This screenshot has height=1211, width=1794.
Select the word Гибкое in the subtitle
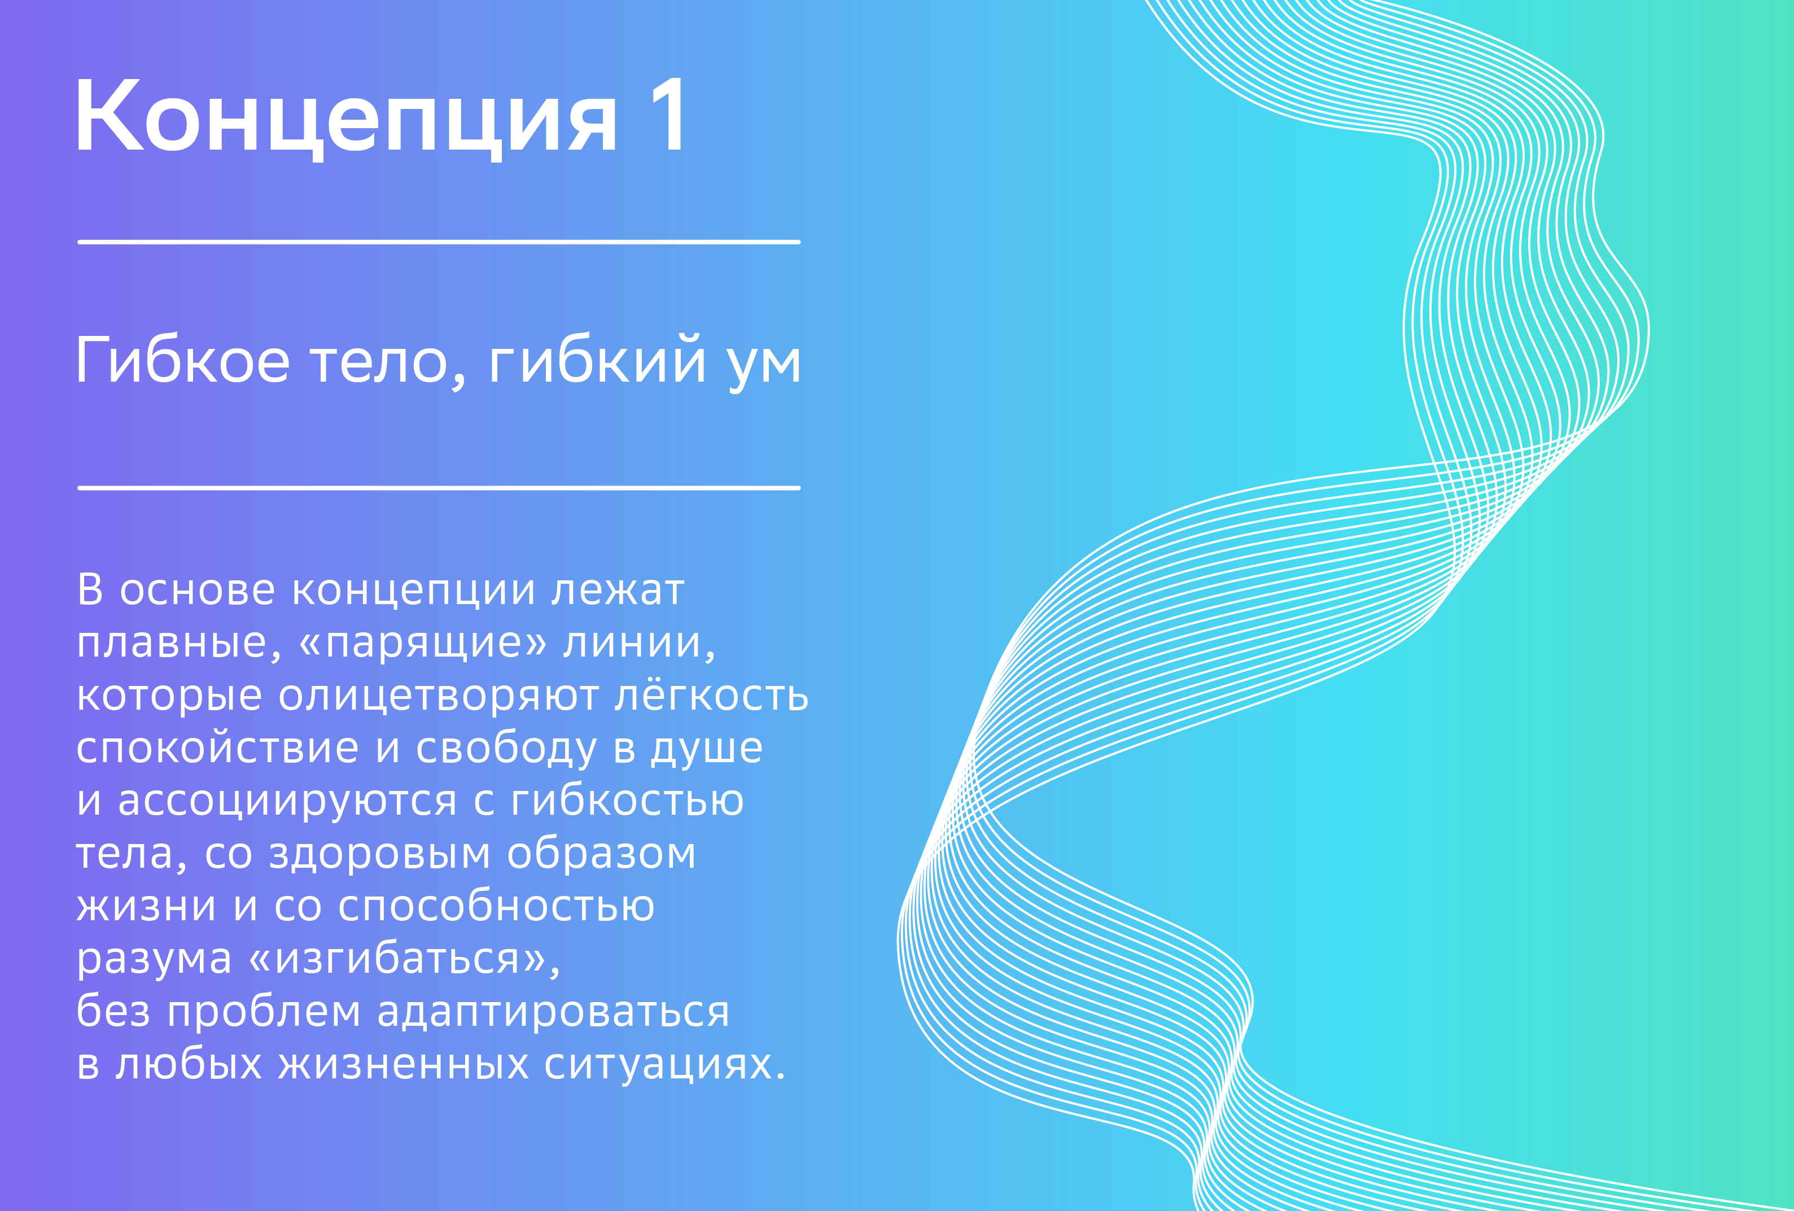click(183, 359)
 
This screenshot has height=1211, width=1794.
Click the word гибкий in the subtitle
click(597, 360)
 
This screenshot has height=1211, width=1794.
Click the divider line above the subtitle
click(439, 242)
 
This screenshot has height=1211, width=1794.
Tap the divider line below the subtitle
click(439, 488)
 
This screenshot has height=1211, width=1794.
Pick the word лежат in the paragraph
click(618, 591)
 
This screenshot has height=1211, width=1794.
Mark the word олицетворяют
click(439, 696)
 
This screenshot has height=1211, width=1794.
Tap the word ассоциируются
click(287, 801)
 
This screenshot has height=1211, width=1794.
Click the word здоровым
click(379, 854)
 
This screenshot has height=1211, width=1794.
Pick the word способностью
click(496, 907)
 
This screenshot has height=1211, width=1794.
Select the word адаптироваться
click(553, 1012)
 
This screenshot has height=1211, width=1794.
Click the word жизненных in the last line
click(404, 1064)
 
